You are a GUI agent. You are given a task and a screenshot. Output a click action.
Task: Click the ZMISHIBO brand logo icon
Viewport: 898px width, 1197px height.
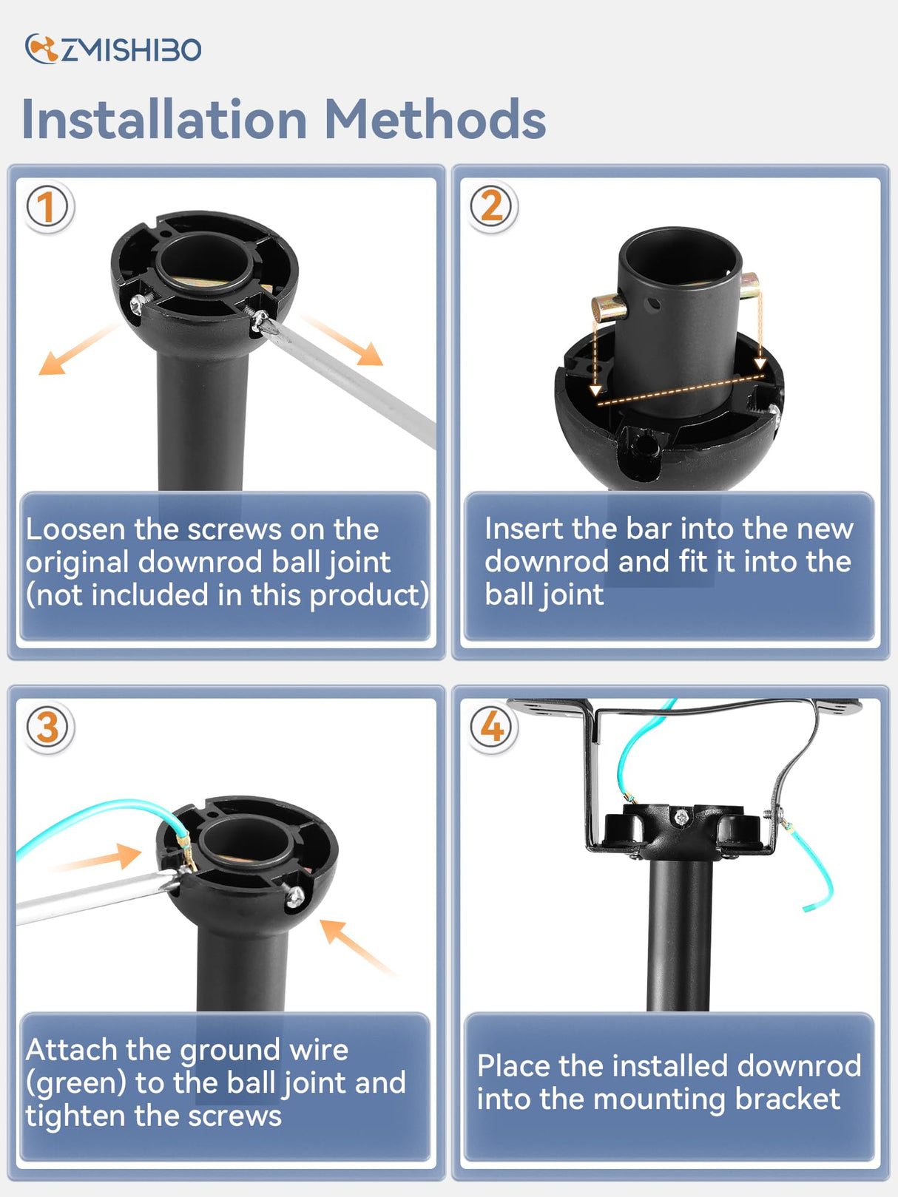coord(41,50)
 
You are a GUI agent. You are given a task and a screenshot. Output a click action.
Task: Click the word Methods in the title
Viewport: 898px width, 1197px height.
coord(435,121)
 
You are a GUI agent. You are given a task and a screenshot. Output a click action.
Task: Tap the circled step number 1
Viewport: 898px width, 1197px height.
coord(47,206)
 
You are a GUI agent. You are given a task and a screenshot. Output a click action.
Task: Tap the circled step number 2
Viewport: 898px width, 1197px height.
coord(492,206)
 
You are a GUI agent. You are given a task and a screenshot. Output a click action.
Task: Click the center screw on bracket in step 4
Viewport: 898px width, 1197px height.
coord(681,817)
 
